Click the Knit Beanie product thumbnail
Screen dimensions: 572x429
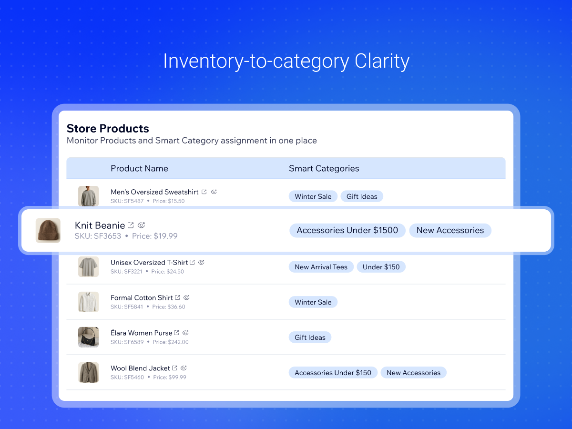pos(48,230)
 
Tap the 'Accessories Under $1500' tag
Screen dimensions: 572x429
pos(347,230)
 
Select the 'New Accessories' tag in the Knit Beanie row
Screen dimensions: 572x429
pos(450,230)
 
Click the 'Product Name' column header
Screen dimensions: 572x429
pos(139,168)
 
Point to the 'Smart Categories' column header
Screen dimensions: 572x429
pos(324,168)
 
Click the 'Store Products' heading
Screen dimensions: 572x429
pos(108,128)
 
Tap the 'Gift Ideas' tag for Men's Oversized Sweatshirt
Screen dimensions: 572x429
pos(362,196)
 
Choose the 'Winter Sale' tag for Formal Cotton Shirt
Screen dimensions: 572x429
pos(313,302)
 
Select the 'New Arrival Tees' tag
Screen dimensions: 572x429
pos(321,267)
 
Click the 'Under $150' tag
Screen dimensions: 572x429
pos(381,267)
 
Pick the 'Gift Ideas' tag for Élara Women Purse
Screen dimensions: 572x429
pos(310,337)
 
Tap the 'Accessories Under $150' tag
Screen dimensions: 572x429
pos(333,373)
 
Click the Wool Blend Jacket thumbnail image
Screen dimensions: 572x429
pos(88,372)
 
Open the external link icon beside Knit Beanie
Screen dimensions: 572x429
pos(131,225)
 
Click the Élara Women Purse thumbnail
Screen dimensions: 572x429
pos(88,337)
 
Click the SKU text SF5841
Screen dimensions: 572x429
pos(133,307)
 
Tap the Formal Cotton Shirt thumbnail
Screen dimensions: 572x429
pos(88,302)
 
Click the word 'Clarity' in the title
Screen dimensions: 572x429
pos(382,61)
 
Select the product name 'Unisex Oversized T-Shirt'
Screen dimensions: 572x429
pos(149,263)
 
